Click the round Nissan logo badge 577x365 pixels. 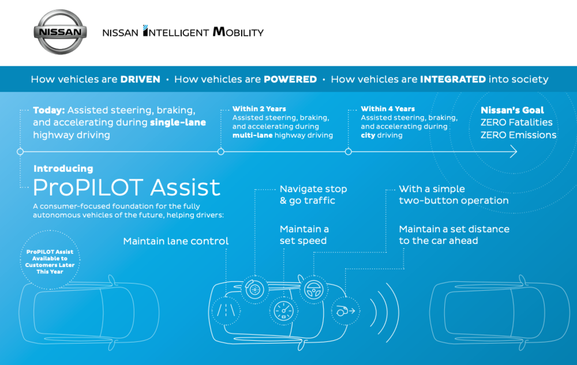61,32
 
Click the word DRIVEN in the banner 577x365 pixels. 140,80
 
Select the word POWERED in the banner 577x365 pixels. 290,80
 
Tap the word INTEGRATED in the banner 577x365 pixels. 453,80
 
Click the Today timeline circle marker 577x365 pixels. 20,152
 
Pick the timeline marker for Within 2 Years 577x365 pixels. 221,152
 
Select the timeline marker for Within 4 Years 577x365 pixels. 348,152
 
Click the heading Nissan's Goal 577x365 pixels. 512,110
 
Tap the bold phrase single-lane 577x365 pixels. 178,122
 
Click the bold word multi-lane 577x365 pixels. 253,136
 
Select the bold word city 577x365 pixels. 368,136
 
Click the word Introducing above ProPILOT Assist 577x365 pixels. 63,169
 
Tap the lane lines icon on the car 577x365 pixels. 226,311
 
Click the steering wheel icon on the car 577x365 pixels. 313,289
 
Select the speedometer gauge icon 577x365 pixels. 283,311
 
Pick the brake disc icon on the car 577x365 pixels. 254,289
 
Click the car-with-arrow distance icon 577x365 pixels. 345,311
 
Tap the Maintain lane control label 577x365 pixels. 176,241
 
